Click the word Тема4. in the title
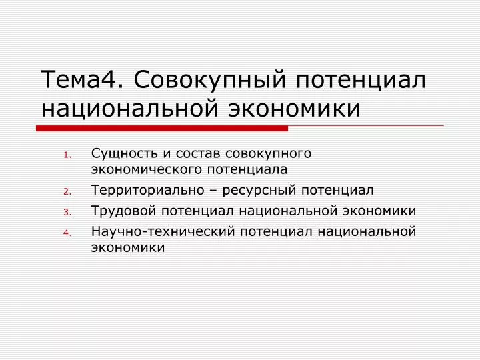[82, 79]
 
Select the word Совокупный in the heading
[210, 80]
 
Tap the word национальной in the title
[129, 109]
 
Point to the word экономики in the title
[294, 109]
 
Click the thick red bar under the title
[162, 129]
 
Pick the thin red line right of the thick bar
[366, 125]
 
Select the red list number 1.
[67, 155]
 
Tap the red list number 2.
[67, 192]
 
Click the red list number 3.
[67, 213]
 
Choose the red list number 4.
[67, 233]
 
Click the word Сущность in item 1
[125, 154]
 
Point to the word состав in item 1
[198, 154]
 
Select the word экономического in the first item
[147, 169]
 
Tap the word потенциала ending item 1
[247, 169]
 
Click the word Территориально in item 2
[148, 190]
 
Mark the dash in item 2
[213, 191]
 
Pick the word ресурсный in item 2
[259, 191]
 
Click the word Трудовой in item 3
[124, 211]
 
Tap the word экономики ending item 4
[128, 247]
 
